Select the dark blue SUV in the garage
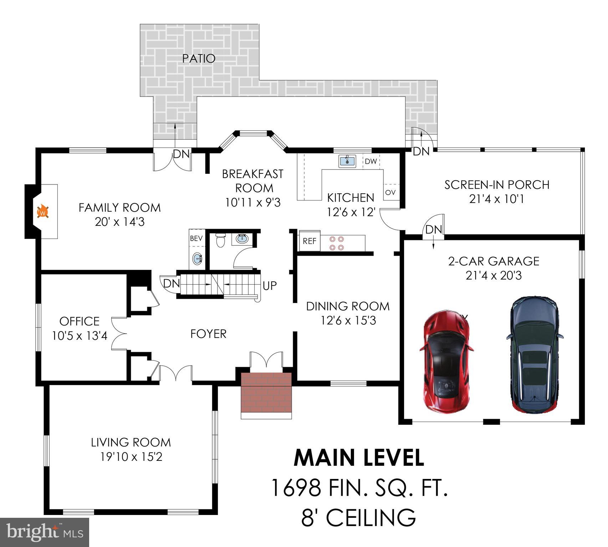pyautogui.click(x=534, y=354)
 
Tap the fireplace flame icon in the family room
pyautogui.click(x=43, y=212)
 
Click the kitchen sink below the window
pyautogui.click(x=347, y=161)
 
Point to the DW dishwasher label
pyautogui.click(x=371, y=161)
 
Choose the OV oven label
pyautogui.click(x=390, y=192)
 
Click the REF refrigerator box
pyautogui.click(x=310, y=241)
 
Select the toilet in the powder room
pyautogui.click(x=221, y=240)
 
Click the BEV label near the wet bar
pyautogui.click(x=196, y=239)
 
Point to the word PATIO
pyautogui.click(x=199, y=59)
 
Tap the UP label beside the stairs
pyautogui.click(x=270, y=286)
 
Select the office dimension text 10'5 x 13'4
pyautogui.click(x=80, y=336)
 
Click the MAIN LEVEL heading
pyautogui.click(x=358, y=458)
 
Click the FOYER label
pyautogui.click(x=208, y=334)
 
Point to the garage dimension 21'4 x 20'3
pyautogui.click(x=494, y=276)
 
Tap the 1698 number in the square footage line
pyautogui.click(x=296, y=488)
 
